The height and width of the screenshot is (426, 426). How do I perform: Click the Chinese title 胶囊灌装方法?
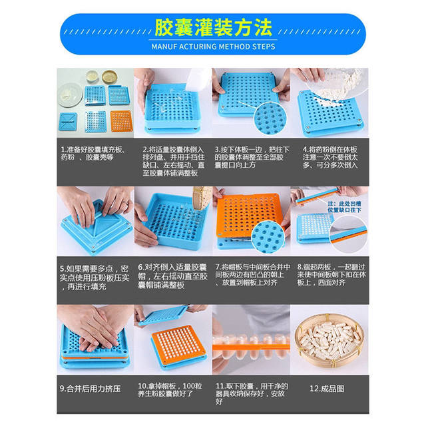click(212, 28)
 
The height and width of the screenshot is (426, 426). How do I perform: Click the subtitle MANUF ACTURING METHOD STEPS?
click(213, 47)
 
